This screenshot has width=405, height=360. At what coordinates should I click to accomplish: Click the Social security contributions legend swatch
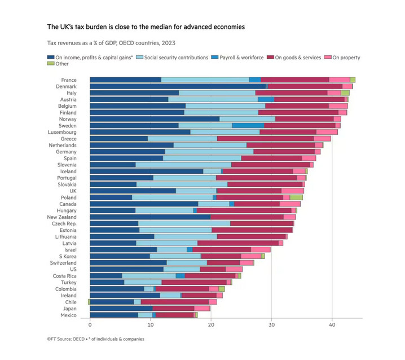(x=140, y=58)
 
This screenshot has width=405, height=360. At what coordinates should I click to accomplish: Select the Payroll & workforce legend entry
(x=237, y=58)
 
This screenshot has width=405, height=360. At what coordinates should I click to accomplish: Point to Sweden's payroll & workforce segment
(x=248, y=126)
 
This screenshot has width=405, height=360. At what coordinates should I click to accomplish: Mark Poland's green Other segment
(x=296, y=197)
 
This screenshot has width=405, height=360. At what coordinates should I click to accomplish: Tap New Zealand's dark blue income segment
(x=150, y=217)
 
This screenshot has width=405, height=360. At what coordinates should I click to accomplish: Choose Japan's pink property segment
(x=202, y=308)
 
